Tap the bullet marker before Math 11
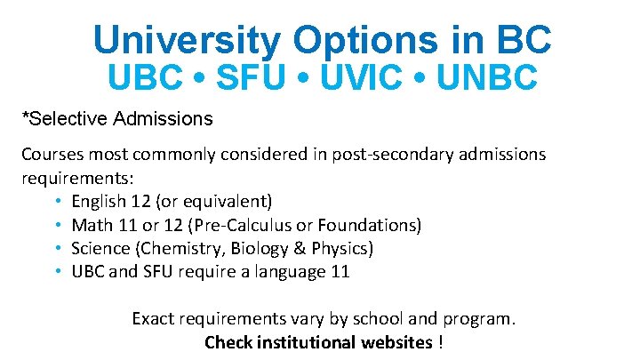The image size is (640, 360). point(58,225)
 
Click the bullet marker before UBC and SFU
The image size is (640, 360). point(58,272)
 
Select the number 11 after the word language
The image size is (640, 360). point(340,272)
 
